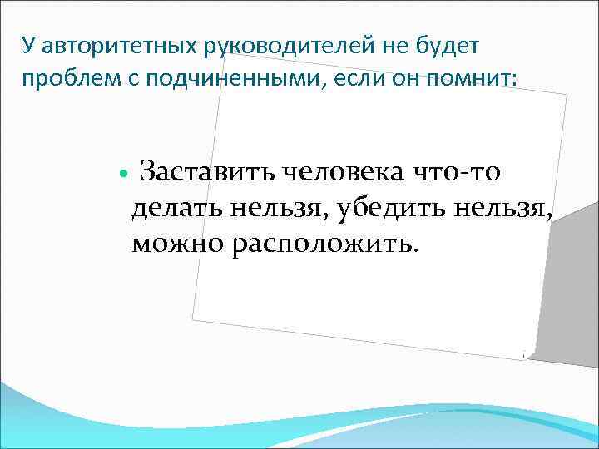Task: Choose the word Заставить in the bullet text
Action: [208, 174]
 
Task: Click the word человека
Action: [346, 174]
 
